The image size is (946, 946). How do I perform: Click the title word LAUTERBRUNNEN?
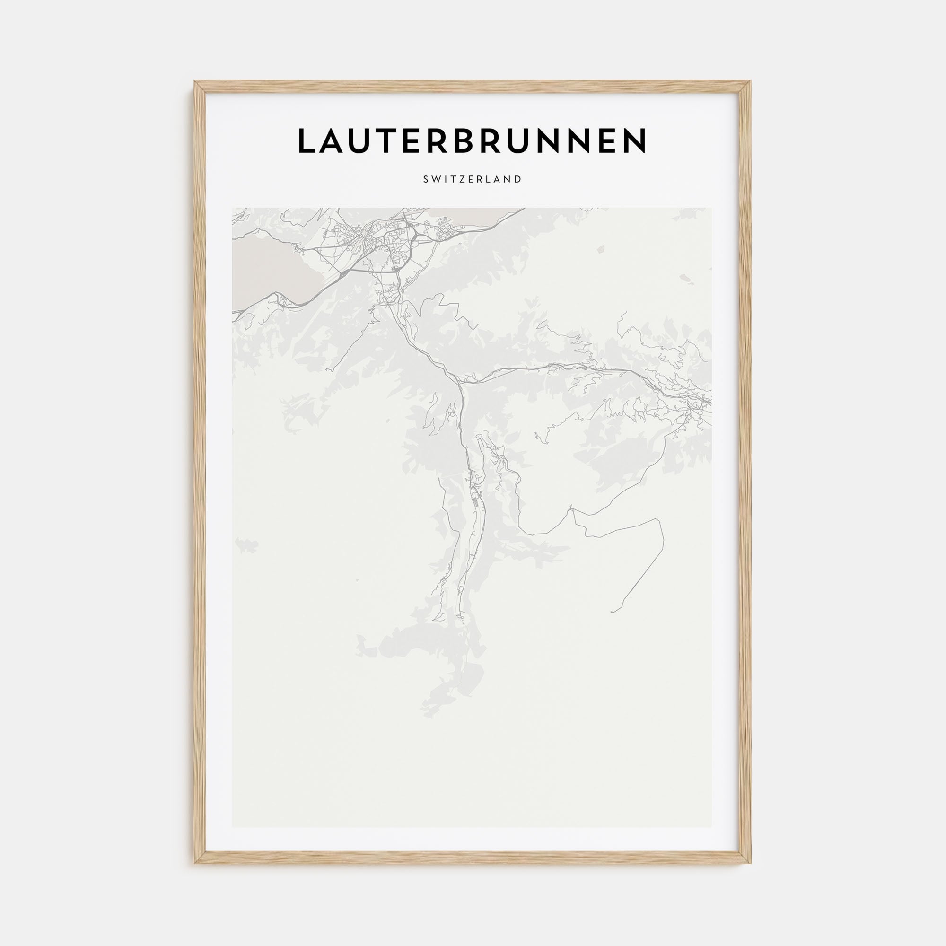(x=473, y=140)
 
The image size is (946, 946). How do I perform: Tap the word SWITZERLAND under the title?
(x=473, y=179)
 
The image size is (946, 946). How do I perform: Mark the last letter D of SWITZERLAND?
(x=518, y=179)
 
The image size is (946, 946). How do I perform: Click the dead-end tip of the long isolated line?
(x=612, y=612)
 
